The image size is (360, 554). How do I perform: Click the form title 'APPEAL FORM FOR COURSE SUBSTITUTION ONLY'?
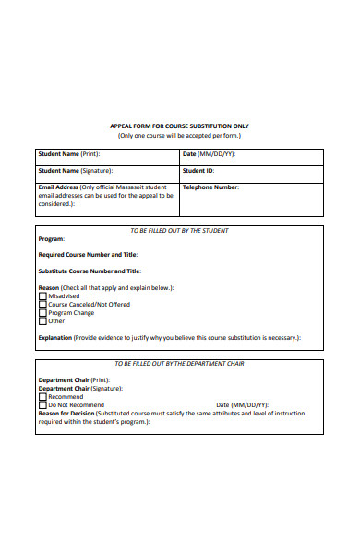pos(179,126)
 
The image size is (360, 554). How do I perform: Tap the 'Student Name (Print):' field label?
pos(68,154)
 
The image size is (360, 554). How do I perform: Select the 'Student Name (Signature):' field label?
pos(75,171)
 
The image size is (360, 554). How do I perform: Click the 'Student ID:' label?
pos(198,171)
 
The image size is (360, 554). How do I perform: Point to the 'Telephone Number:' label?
pos(210,187)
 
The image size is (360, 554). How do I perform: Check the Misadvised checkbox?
pos(42,296)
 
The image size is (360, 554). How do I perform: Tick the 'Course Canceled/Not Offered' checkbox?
pos(42,305)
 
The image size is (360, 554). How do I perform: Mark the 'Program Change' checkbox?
pos(42,313)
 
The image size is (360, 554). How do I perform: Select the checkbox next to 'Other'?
pos(42,321)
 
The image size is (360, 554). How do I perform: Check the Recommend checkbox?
pos(42,397)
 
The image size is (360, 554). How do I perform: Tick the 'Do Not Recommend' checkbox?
pos(42,405)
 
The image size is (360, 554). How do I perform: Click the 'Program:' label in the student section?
pos(51,238)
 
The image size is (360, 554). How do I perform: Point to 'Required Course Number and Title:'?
pos(88,254)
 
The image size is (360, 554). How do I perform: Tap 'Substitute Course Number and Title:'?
pos(90,271)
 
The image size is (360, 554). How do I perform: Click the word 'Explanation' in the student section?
pos(54,338)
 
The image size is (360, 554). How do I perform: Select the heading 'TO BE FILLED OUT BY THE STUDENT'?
pos(179,230)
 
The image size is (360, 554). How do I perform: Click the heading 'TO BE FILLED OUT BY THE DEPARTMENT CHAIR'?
pos(179,365)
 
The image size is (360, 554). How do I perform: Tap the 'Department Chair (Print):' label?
pos(74,380)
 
